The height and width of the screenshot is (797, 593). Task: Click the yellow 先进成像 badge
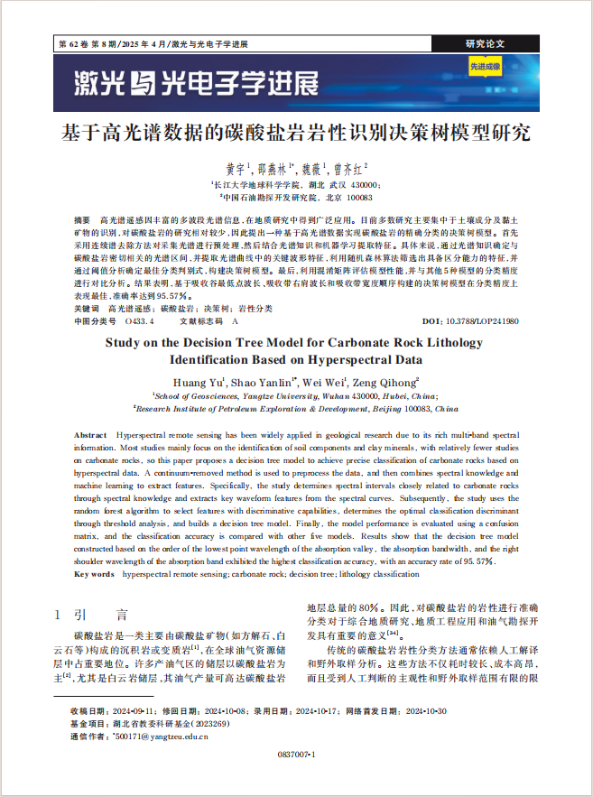pyautogui.click(x=485, y=67)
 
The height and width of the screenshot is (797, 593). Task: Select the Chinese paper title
pyautogui.click(x=296, y=134)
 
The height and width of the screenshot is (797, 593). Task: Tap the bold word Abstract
pyautogui.click(x=91, y=435)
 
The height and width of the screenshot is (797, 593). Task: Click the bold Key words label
pyautogui.click(x=95, y=573)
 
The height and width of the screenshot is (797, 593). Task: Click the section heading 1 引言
pyautogui.click(x=93, y=615)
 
